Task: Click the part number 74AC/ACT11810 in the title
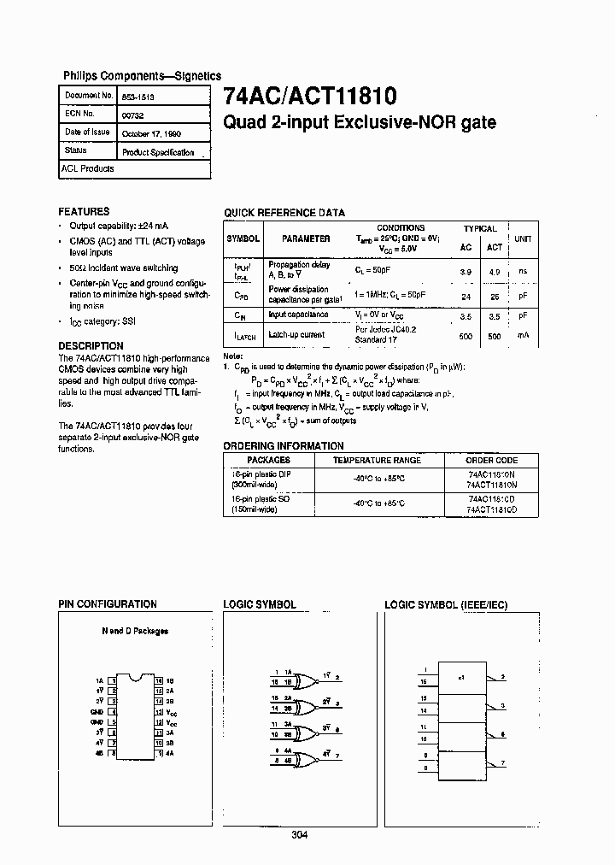(309, 96)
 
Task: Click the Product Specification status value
(158, 152)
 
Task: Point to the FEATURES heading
(84, 211)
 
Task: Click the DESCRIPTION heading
(91, 346)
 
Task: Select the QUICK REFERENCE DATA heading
(284, 213)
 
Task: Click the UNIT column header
(523, 239)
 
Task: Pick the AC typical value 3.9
(466, 271)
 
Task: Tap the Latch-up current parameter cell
(296, 334)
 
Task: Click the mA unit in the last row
(523, 335)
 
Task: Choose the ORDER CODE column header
(492, 460)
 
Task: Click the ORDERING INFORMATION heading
(284, 446)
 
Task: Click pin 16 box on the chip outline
(159, 680)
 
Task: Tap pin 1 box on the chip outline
(111, 680)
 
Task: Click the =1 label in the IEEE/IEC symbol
(461, 677)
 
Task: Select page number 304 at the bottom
(298, 835)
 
